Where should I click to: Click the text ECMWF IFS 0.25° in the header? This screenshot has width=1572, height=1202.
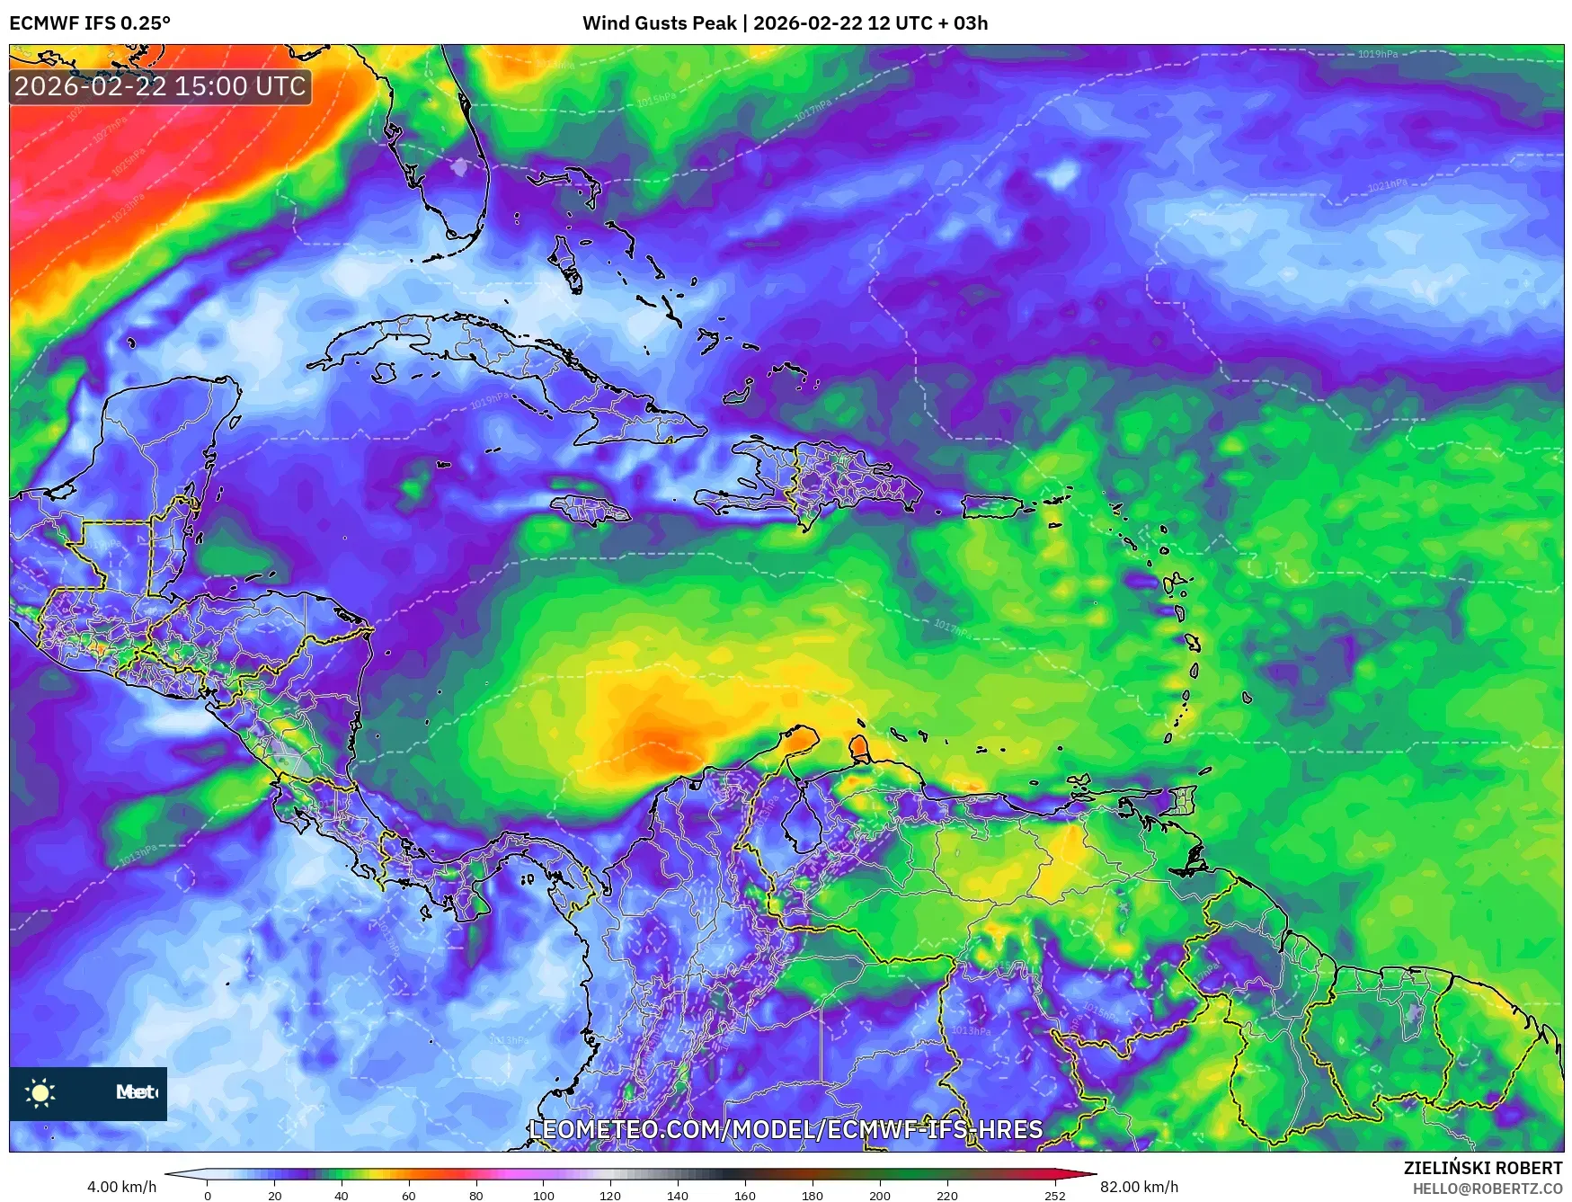(x=90, y=23)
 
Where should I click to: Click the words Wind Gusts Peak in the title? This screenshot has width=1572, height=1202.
(x=659, y=23)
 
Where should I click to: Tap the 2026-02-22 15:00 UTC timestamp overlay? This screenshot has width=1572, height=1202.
(x=161, y=87)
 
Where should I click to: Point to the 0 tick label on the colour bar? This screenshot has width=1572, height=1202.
(x=208, y=1196)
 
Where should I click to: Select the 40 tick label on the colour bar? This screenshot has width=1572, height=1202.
(x=342, y=1196)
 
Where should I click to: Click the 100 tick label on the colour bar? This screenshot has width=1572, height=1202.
(x=543, y=1196)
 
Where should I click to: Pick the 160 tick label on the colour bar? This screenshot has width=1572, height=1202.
(x=744, y=1196)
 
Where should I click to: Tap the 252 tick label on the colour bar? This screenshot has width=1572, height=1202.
(x=1054, y=1196)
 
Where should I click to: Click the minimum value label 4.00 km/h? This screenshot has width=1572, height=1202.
(x=121, y=1187)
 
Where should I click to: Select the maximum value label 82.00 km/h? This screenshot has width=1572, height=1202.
(x=1139, y=1187)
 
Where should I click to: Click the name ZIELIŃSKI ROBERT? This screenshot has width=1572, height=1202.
(x=1483, y=1168)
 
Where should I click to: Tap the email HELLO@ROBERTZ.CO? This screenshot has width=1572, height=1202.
(x=1488, y=1189)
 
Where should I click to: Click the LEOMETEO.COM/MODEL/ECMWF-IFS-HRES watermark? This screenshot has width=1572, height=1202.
(x=786, y=1129)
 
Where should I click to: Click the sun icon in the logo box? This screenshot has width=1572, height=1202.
(x=40, y=1093)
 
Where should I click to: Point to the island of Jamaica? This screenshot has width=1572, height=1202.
(x=591, y=512)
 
